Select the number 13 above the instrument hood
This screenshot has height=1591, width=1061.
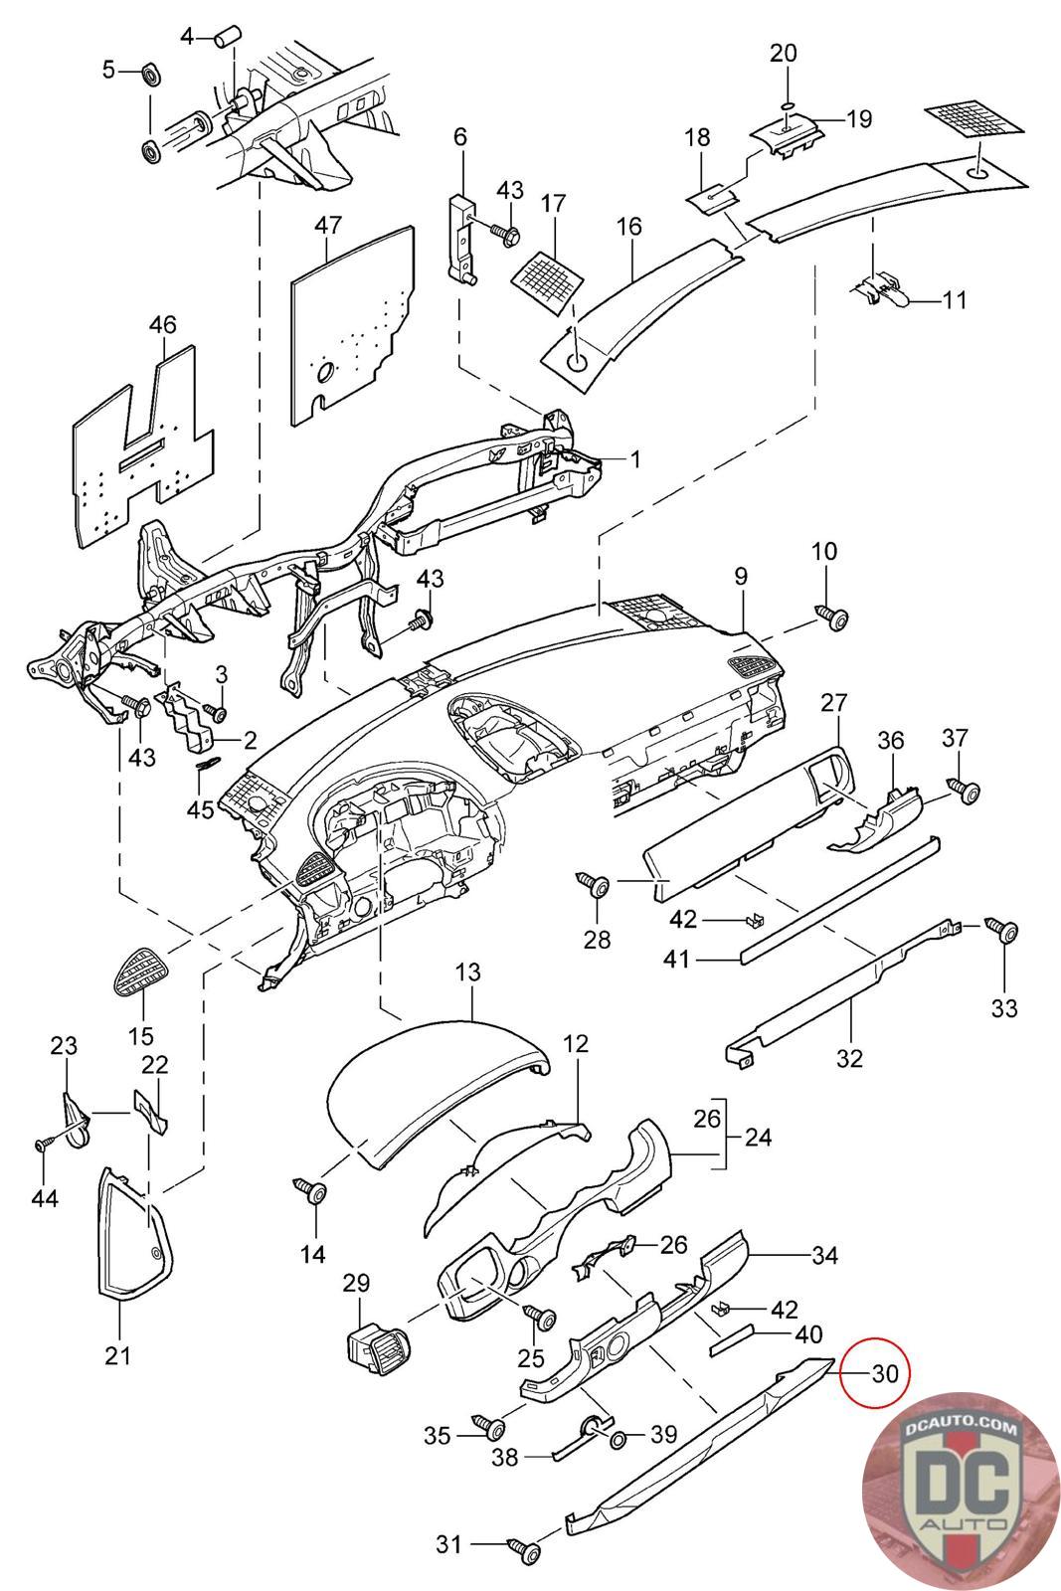coord(468,972)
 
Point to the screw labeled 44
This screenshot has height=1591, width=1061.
coord(45,1145)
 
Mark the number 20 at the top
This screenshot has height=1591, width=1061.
coord(785,53)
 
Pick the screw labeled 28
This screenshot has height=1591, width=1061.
coord(597,884)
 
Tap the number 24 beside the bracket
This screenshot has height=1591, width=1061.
coord(758,1136)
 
